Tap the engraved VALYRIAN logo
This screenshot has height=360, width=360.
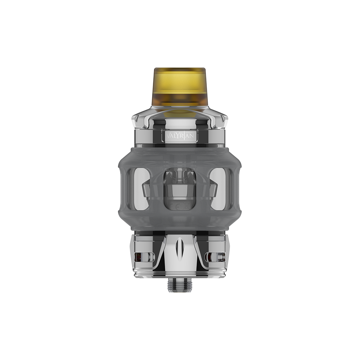pyautogui.click(x=181, y=136)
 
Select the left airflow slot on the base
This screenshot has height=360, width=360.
pyautogui.click(x=144, y=257)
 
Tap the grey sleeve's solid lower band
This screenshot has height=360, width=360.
pyautogui.click(x=180, y=221)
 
